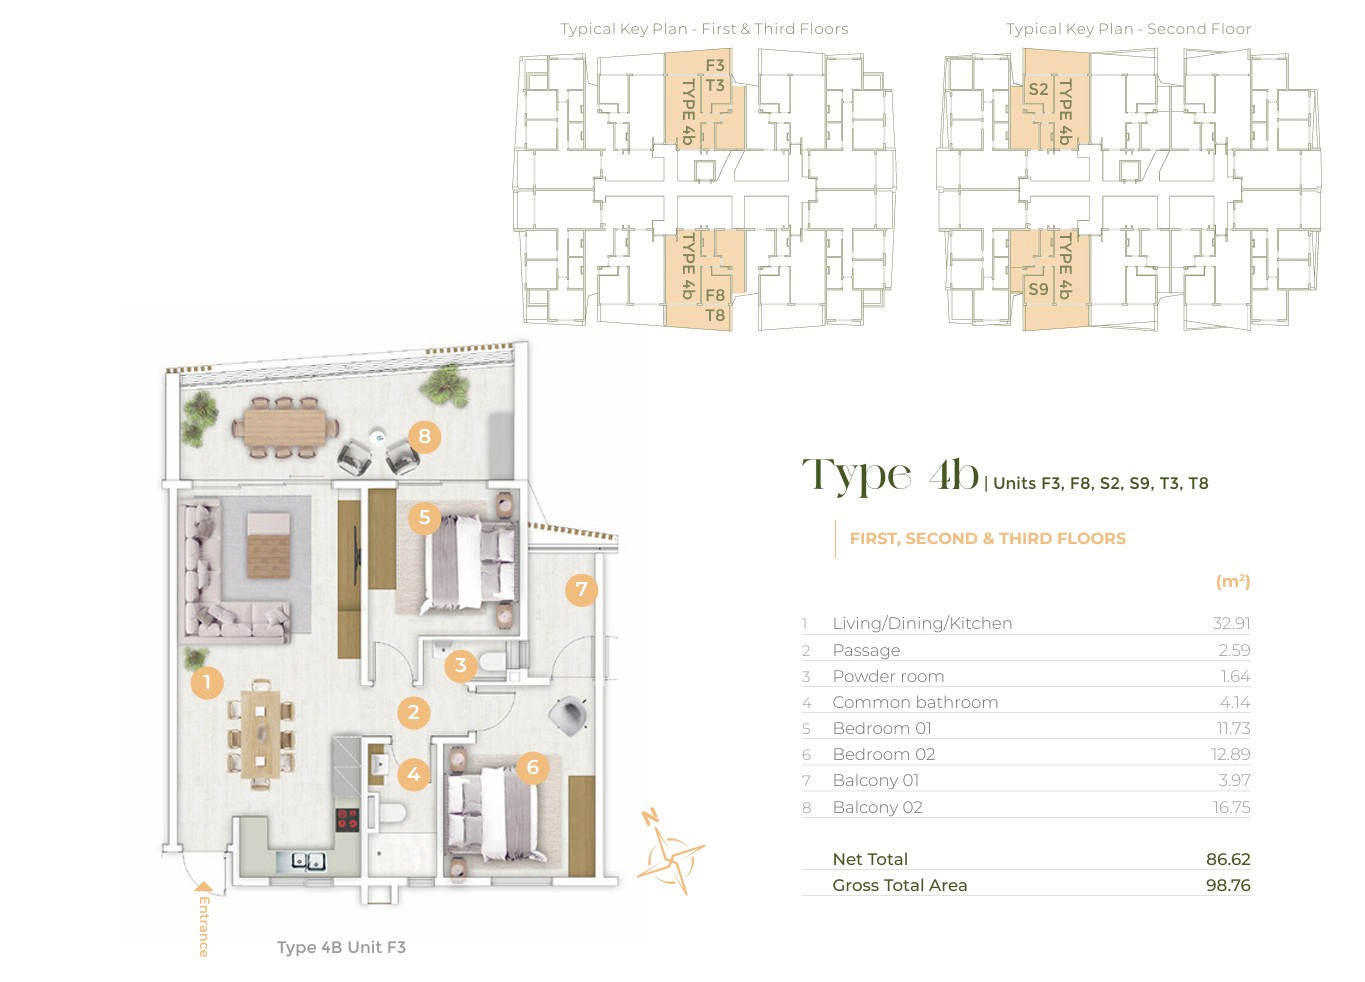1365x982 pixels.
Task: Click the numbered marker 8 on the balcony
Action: tap(425, 436)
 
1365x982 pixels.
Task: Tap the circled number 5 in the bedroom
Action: tap(425, 518)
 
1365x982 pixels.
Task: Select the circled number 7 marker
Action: tap(581, 589)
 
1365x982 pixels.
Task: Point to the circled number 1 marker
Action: tap(207, 682)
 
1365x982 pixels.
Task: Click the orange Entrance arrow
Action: tap(204, 886)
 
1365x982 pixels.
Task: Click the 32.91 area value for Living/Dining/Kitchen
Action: tap(1231, 623)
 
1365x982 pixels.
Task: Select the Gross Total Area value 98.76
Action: tap(1228, 885)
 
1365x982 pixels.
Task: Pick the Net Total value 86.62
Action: tap(1228, 859)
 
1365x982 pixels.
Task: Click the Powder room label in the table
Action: tap(888, 676)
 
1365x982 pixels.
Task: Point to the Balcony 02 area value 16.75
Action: tap(1231, 807)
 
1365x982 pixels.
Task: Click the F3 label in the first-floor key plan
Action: tap(715, 65)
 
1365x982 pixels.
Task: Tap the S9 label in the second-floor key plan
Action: tap(1038, 289)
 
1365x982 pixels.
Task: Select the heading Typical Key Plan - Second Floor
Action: tap(1128, 29)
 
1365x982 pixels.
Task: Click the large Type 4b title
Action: tap(890, 477)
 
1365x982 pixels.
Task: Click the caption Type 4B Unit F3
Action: tap(341, 947)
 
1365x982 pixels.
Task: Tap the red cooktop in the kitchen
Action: tap(348, 819)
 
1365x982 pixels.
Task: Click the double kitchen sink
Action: tap(308, 861)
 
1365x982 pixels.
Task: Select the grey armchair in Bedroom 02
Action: tap(569, 715)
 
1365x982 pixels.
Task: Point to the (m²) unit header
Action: tap(1233, 581)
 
